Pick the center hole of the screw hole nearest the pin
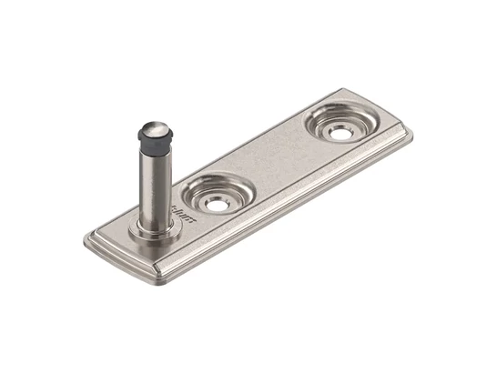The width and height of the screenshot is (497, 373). (218, 205)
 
